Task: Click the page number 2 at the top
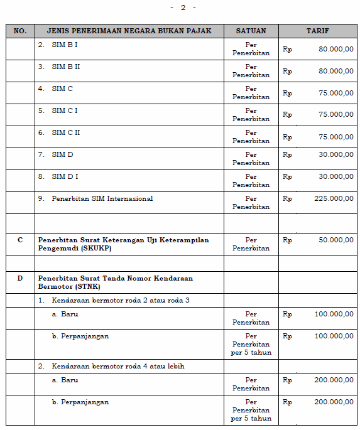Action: pos(183,8)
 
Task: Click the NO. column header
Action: pos(20,31)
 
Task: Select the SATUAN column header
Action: pos(251,31)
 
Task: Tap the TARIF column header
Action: pos(317,31)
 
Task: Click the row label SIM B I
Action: pos(64,45)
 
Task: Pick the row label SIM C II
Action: pos(65,133)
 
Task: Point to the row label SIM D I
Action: pos(65,177)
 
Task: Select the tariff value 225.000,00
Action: pos(334,199)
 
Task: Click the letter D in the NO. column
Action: pos(20,278)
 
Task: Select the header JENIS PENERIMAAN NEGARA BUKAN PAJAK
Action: pos(129,31)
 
